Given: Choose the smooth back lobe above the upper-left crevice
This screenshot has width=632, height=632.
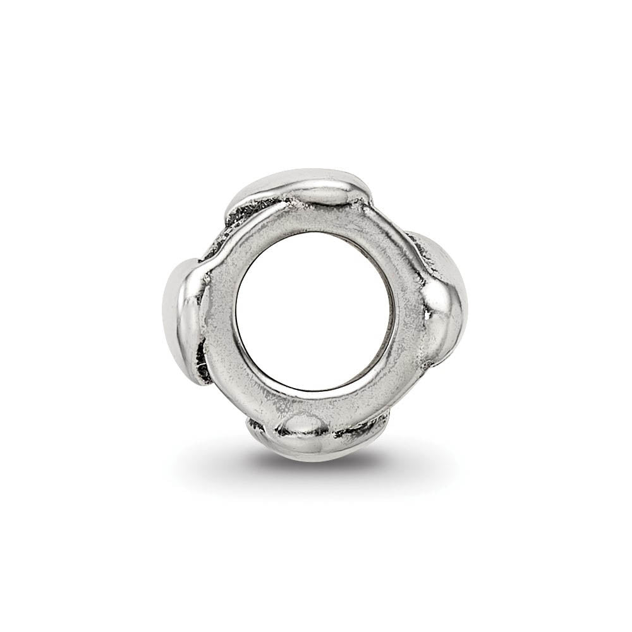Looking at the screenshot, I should point(265,183).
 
